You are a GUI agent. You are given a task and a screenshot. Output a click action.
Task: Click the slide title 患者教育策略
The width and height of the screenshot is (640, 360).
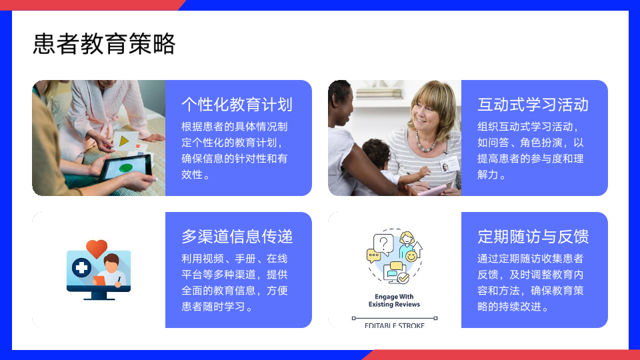point(104,44)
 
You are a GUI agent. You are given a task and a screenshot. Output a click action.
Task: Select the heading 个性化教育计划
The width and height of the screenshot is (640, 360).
point(237,105)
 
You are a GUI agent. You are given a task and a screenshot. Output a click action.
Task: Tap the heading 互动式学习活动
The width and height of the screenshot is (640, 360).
point(533,105)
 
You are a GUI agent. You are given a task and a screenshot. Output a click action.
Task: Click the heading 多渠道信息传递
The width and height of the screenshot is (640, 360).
point(237,236)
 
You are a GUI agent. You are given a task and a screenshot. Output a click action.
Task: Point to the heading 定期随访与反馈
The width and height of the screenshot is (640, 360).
point(533,236)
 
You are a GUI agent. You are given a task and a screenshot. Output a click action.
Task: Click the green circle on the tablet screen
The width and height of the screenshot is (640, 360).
point(126,167)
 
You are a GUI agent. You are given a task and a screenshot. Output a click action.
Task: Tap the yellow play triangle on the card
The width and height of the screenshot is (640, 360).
point(124,141)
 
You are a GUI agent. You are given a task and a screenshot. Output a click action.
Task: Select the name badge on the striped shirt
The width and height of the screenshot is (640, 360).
point(449,165)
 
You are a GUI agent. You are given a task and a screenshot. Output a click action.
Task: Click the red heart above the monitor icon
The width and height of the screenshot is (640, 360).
point(97,248)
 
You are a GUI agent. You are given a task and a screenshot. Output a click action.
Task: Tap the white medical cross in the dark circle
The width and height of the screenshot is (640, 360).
point(81,268)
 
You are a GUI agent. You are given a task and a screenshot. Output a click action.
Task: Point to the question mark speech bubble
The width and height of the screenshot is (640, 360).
point(383,244)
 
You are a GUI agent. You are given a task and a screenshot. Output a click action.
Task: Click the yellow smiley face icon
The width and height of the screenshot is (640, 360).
point(411,256)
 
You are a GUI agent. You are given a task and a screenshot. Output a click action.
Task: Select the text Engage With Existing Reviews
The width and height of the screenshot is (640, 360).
point(394,301)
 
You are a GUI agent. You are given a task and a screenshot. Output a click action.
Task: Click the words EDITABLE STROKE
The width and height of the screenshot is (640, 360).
point(394,325)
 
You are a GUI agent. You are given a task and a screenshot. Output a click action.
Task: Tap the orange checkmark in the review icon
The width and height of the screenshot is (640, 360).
point(403,278)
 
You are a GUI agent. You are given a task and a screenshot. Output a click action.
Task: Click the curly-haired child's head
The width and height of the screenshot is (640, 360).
point(376,153)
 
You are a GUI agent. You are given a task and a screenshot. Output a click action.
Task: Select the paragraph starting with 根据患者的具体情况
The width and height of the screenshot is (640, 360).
point(235,151)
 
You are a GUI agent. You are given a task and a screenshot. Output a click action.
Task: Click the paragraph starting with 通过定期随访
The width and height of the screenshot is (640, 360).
point(531,283)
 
